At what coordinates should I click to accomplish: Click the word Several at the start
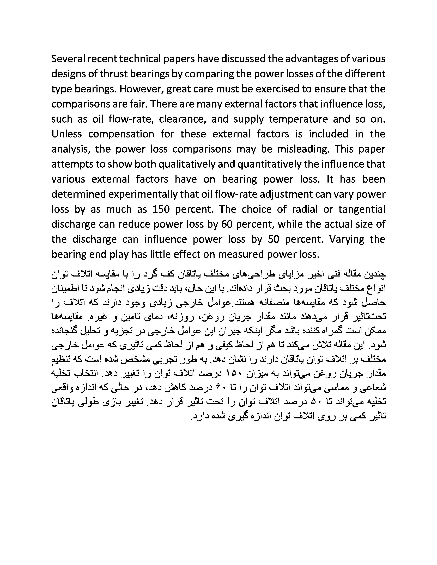[x=68, y=59]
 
